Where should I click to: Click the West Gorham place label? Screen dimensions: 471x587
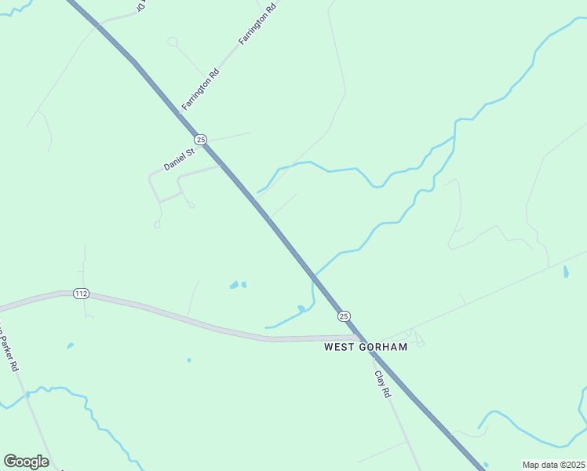click(x=366, y=347)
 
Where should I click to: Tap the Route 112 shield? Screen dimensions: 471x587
click(x=80, y=294)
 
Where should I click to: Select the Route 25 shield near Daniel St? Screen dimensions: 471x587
click(x=201, y=139)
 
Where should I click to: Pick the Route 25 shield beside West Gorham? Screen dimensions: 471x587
click(x=344, y=316)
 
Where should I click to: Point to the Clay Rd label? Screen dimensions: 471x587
click(x=382, y=384)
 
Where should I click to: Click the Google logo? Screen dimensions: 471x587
click(x=26, y=462)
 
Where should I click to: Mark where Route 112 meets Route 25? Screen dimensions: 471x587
click(x=359, y=338)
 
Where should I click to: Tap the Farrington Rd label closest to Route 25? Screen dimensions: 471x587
click(x=200, y=88)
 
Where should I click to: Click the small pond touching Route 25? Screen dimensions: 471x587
click(x=301, y=308)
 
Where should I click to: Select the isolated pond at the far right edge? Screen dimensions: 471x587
click(x=566, y=272)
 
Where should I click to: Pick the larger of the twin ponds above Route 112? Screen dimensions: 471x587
click(x=234, y=285)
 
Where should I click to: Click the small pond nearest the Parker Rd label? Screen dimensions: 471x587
click(x=70, y=345)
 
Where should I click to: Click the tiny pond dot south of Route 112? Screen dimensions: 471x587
click(x=189, y=360)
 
